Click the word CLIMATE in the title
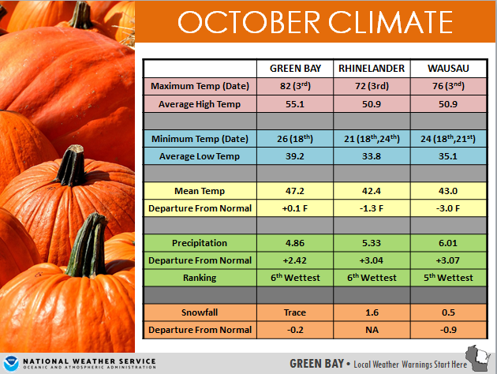[x=390, y=22]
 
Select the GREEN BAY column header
[x=295, y=69]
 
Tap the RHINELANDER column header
[x=372, y=69]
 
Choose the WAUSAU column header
[x=448, y=69]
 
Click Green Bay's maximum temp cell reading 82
[x=295, y=86]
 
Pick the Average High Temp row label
[x=200, y=104]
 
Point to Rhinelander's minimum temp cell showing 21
[x=372, y=139]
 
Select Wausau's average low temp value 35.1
[x=448, y=156]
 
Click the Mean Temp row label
[x=200, y=191]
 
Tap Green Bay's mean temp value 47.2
[x=295, y=191]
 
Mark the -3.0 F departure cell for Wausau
[x=448, y=208]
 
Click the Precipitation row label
[x=200, y=243]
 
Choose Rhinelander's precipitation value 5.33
[x=372, y=243]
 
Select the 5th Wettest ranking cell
[x=448, y=278]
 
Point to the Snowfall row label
[x=200, y=312]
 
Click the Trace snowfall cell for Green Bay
[x=295, y=312]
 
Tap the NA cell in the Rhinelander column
[x=372, y=330]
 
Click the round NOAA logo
[x=11, y=363]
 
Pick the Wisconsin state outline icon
[x=478, y=358]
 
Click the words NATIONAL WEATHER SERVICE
[x=89, y=361]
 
